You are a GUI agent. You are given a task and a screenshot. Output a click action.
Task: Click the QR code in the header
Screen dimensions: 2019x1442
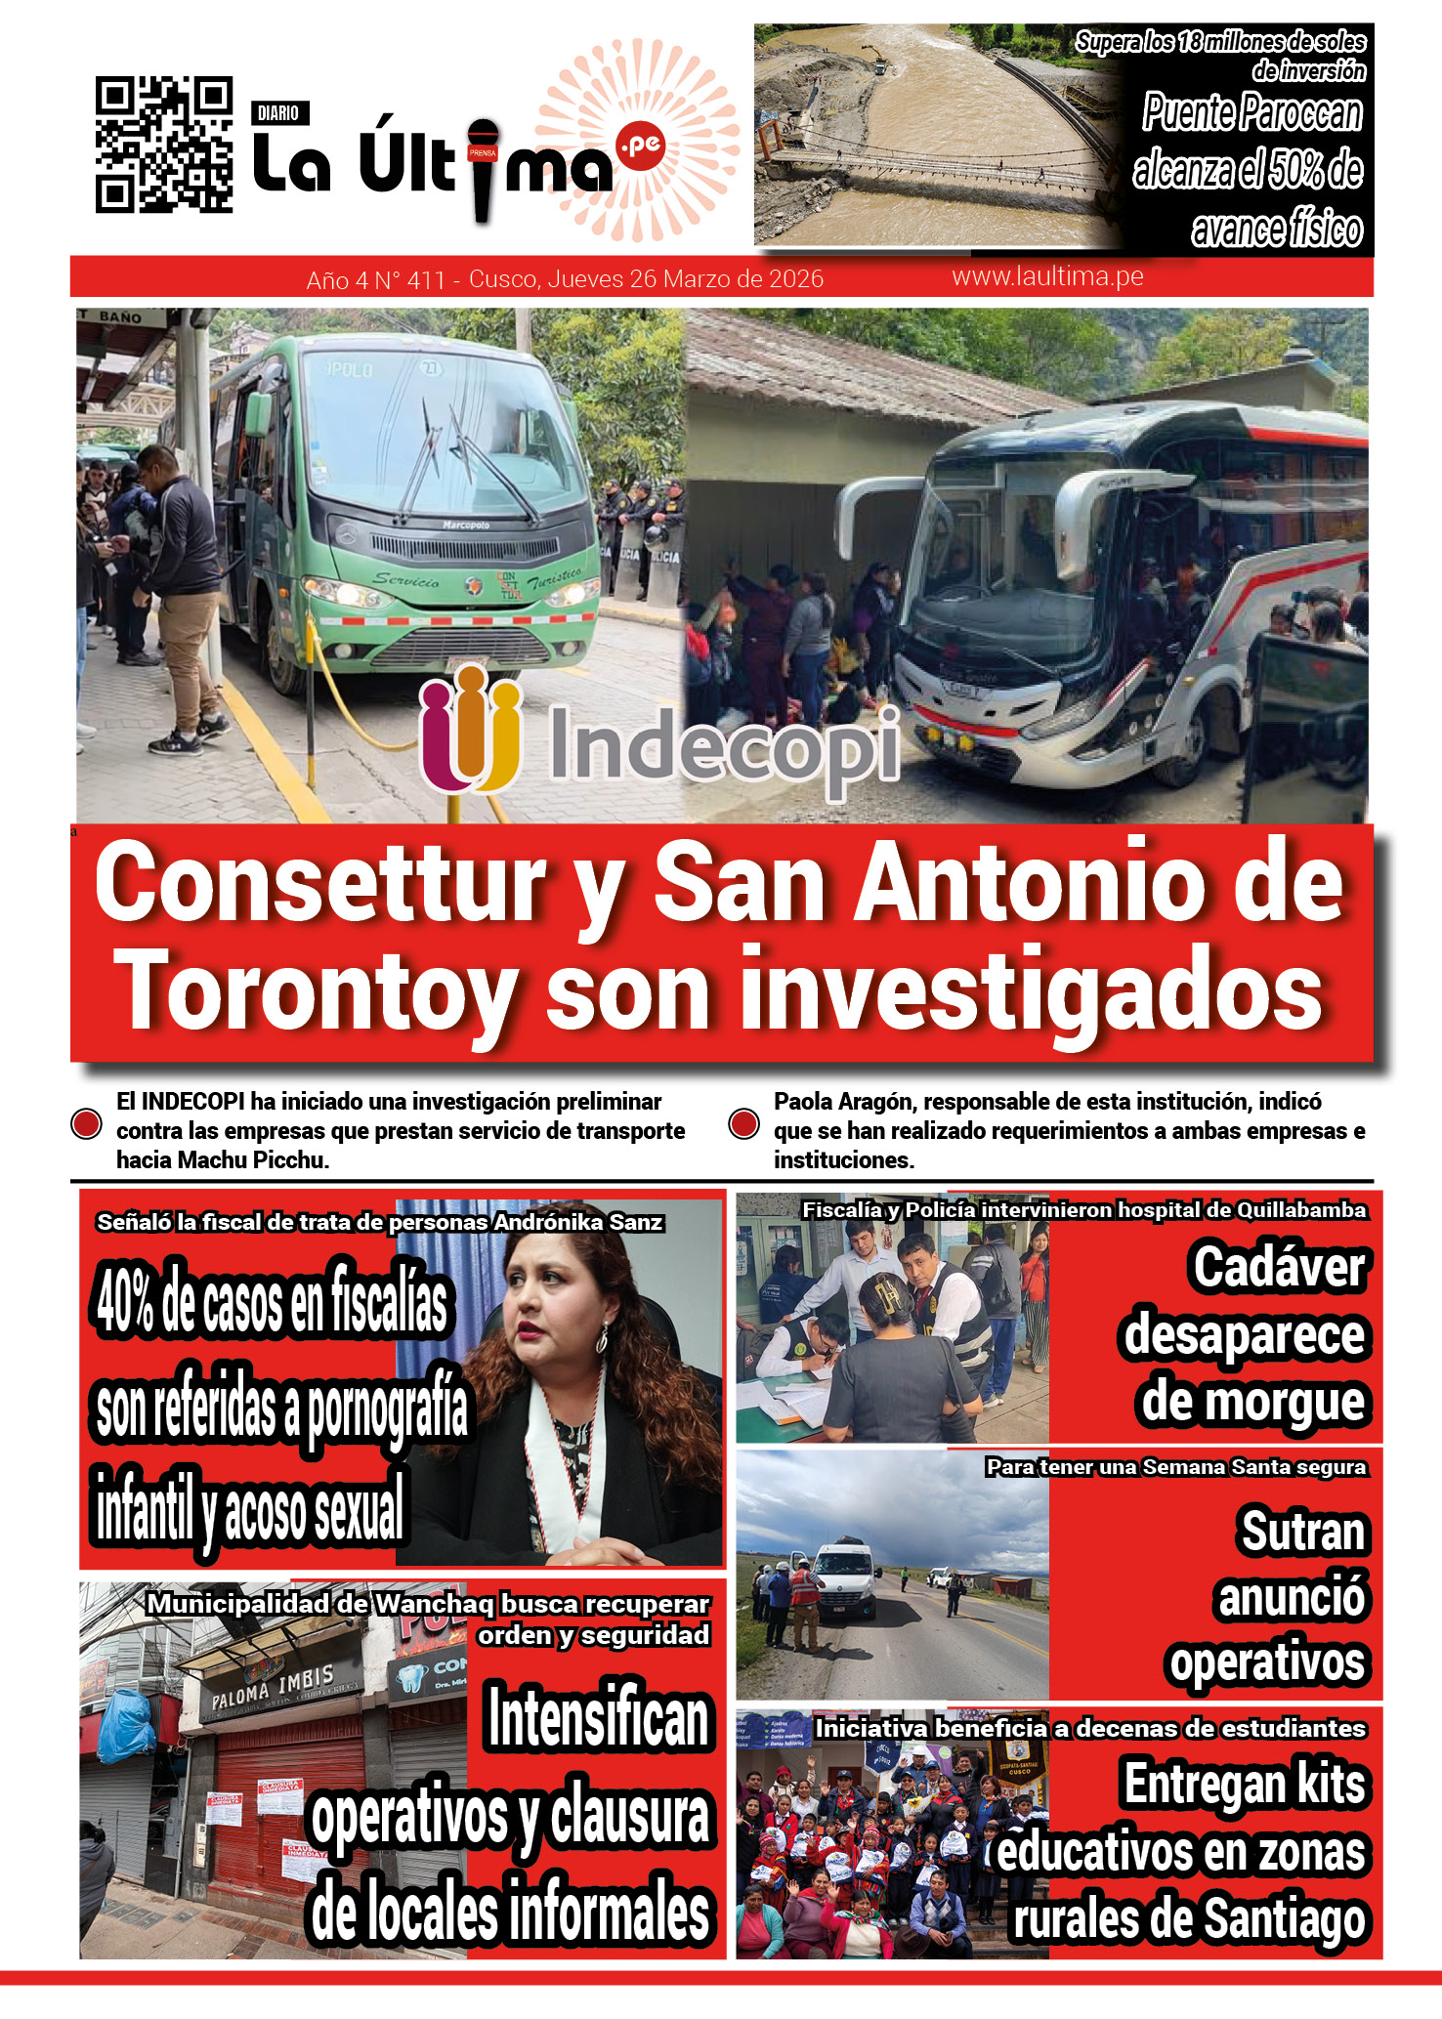pos(163,145)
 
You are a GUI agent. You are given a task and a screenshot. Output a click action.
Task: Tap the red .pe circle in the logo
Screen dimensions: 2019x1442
pos(641,147)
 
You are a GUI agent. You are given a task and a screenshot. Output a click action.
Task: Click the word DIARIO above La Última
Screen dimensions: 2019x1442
pos(278,113)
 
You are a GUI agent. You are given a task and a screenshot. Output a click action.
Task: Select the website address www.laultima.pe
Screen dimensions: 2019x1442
pos(1047,276)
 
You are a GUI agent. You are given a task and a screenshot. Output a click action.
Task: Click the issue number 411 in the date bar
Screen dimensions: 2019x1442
pos(425,280)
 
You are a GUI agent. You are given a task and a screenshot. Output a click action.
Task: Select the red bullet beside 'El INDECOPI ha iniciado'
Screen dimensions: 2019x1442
pos(87,1124)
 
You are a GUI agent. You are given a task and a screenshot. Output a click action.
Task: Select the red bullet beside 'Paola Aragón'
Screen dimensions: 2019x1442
pos(744,1124)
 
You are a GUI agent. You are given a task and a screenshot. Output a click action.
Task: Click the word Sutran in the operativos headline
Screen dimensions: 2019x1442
pos(1302,1531)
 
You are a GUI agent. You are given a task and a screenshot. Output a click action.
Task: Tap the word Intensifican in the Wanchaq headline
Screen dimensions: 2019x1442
pos(598,1719)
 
